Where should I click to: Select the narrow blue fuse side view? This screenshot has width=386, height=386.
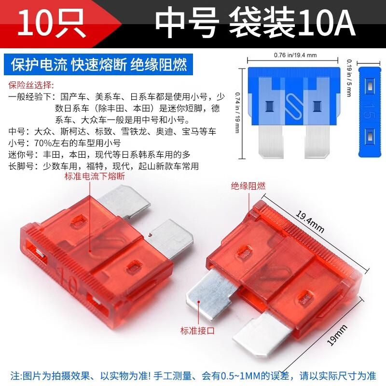pyautogui.click(x=370, y=111)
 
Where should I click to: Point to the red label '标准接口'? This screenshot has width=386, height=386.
pyautogui.click(x=197, y=331)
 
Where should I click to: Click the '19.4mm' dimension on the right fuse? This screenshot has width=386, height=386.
pyautogui.click(x=310, y=222)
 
